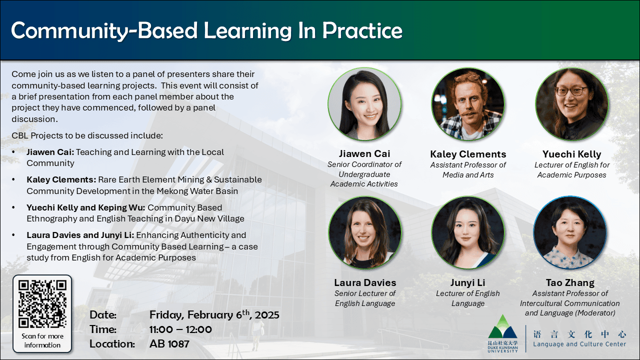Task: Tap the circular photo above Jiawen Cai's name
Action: [x=364, y=104]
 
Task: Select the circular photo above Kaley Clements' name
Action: [x=468, y=104]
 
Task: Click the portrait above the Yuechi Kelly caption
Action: [x=571, y=104]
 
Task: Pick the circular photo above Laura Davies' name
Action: [x=365, y=232]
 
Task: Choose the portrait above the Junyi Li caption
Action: [x=468, y=232]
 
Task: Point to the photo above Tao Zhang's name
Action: [x=570, y=232]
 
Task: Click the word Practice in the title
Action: [x=362, y=30]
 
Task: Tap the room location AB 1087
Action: [x=169, y=344]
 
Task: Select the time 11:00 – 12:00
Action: [x=180, y=329]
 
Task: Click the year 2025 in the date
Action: [x=267, y=315]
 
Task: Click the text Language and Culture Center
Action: [x=579, y=344]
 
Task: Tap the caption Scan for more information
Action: [x=42, y=340]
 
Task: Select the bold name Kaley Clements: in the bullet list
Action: [x=61, y=179]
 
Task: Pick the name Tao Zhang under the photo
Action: [x=570, y=283]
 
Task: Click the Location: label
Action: [x=112, y=344]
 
